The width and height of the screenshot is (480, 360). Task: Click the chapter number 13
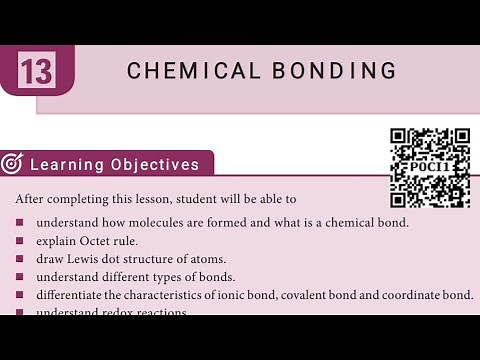(36, 72)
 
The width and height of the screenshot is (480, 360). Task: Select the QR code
(429, 168)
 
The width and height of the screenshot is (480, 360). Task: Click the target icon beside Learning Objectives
(13, 163)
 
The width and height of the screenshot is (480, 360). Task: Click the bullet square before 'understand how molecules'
(20, 222)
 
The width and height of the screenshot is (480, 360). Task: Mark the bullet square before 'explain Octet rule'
(20, 241)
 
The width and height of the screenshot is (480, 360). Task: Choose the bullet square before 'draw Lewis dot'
(20, 259)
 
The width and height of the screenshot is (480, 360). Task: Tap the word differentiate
(74, 295)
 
